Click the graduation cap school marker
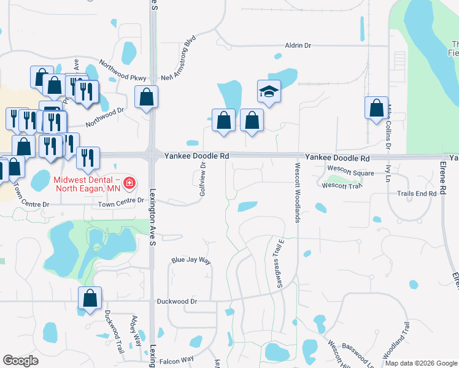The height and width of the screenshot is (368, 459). click(x=269, y=92)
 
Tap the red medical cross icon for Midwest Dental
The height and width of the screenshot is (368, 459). click(x=129, y=182)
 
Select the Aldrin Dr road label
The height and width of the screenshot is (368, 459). click(x=298, y=45)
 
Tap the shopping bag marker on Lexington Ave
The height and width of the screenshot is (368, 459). click(x=147, y=98)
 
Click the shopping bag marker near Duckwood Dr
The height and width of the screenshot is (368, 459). click(x=90, y=299)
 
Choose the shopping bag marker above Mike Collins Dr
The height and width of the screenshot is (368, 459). click(x=376, y=109)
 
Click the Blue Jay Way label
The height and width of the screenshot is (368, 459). click(x=191, y=261)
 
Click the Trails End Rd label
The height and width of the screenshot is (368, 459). click(x=417, y=193)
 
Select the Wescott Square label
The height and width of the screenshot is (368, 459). click(x=350, y=173)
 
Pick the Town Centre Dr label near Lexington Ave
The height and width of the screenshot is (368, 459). click(x=121, y=201)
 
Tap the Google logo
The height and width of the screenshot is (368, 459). click(x=21, y=361)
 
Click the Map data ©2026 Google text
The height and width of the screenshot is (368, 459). click(x=421, y=363)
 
